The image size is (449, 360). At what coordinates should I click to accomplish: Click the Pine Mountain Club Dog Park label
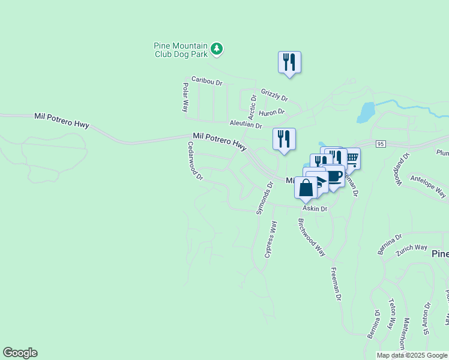pyautogui.click(x=181, y=50)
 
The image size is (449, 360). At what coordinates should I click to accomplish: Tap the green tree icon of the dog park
pyautogui.click(x=217, y=49)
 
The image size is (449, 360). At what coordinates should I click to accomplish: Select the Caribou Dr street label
pyautogui.click(x=207, y=80)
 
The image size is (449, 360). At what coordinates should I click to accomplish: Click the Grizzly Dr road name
pyautogui.click(x=274, y=95)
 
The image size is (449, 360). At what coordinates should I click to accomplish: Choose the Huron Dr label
pyautogui.click(x=272, y=112)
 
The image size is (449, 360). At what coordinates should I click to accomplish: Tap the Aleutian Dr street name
pyautogui.click(x=246, y=124)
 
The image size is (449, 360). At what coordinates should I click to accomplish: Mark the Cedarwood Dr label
pyautogui.click(x=195, y=161)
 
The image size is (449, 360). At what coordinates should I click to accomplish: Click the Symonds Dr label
pyautogui.click(x=264, y=198)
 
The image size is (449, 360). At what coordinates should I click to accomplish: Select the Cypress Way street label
pyautogui.click(x=271, y=239)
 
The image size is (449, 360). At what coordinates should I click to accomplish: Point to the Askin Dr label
pyautogui.click(x=315, y=209)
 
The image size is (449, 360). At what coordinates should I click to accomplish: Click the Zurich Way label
pyautogui.click(x=411, y=251)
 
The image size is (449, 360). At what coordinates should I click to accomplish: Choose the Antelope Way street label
pyautogui.click(x=428, y=186)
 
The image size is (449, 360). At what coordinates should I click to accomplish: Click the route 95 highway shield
pyautogui.click(x=381, y=143)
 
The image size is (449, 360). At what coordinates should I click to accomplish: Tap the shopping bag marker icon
pyautogui.click(x=306, y=187)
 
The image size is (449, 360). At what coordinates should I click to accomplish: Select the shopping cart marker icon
pyautogui.click(x=351, y=158)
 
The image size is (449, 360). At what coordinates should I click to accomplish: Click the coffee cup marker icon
pyautogui.click(x=334, y=176)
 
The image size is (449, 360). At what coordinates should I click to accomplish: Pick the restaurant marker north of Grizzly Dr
pyautogui.click(x=289, y=62)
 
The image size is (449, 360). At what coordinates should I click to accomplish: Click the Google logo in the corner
pyautogui.click(x=20, y=353)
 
